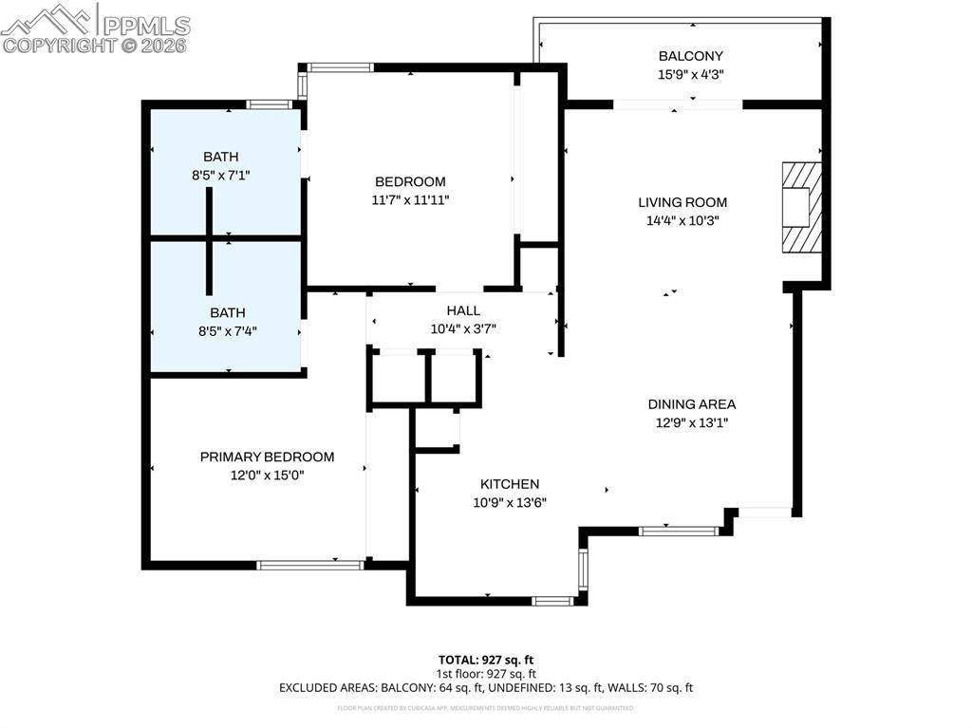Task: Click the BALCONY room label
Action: pyautogui.click(x=691, y=56)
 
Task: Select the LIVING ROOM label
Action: pyautogui.click(x=682, y=202)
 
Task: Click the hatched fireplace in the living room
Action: pyautogui.click(x=799, y=207)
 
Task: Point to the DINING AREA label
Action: pyautogui.click(x=691, y=404)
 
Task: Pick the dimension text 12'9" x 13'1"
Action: pyautogui.click(x=691, y=423)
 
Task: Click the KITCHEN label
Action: pyautogui.click(x=509, y=484)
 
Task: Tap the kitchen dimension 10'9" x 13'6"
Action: pyautogui.click(x=509, y=503)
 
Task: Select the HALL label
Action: pyautogui.click(x=463, y=310)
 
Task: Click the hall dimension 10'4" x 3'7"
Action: pyautogui.click(x=463, y=329)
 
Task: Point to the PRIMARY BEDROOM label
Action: pyautogui.click(x=267, y=457)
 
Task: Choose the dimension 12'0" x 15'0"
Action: pyautogui.click(x=267, y=475)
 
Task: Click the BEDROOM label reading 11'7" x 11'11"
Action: pyautogui.click(x=410, y=181)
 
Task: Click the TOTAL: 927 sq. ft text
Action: pyautogui.click(x=492, y=659)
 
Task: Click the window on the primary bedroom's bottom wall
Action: pyautogui.click(x=310, y=565)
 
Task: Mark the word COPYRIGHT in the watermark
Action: pyautogui.click(x=59, y=45)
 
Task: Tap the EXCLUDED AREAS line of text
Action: pyautogui.click(x=485, y=687)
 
